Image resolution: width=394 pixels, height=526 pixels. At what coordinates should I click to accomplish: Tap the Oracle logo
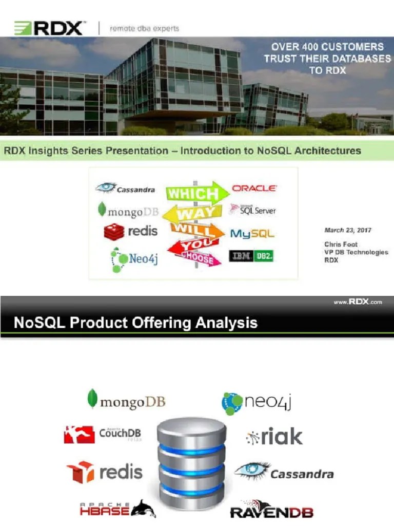254,189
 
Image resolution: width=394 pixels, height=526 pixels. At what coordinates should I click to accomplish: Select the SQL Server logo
253,210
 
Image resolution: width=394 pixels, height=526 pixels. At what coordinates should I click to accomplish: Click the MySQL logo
252,234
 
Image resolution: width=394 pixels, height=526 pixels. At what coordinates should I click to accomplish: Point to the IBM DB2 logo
251,256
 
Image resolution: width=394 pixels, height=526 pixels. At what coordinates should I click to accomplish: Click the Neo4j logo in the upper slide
134,259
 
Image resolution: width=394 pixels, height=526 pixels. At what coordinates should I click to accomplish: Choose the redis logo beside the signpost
131,232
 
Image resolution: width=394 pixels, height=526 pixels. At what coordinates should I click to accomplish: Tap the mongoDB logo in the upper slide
128,211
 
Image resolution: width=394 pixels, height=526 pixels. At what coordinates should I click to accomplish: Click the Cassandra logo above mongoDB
126,189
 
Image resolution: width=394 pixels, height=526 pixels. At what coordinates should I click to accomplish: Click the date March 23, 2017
348,230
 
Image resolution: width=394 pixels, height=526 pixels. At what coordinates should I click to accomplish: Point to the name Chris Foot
341,245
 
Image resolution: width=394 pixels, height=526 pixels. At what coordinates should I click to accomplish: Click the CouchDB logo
103,434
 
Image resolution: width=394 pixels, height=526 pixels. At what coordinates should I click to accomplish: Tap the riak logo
274,437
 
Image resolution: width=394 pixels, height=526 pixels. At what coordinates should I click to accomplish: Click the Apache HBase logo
117,509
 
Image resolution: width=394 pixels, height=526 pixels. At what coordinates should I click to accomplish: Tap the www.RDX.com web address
358,303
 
